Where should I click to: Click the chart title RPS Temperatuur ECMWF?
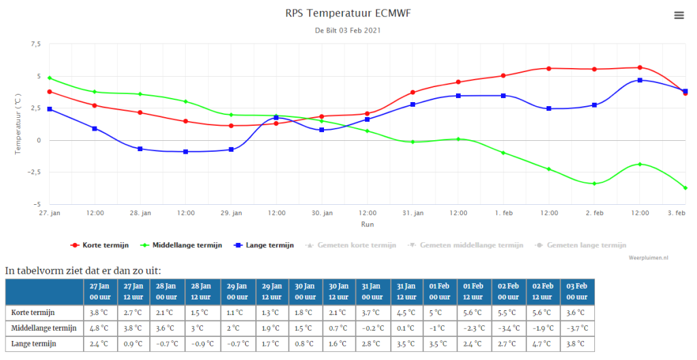point(348,13)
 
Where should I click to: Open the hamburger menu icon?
point(679,16)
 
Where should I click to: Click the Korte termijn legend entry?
point(99,245)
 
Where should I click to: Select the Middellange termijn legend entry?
point(181,245)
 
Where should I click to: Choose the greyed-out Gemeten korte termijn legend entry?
point(351,245)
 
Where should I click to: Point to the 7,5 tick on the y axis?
point(35,44)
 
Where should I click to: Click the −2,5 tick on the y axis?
point(33,172)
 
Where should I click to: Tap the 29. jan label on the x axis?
point(231,213)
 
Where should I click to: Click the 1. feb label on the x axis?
point(504,213)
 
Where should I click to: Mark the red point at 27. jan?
point(49,92)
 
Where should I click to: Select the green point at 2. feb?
point(594,184)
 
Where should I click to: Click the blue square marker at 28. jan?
point(140,149)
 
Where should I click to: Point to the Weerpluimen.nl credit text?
point(648,258)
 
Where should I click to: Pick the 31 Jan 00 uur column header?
point(372,291)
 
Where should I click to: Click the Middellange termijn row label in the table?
point(44,328)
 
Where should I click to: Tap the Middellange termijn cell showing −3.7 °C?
point(577,328)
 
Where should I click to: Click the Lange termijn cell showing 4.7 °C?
point(542,344)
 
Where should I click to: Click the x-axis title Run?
point(367,225)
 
